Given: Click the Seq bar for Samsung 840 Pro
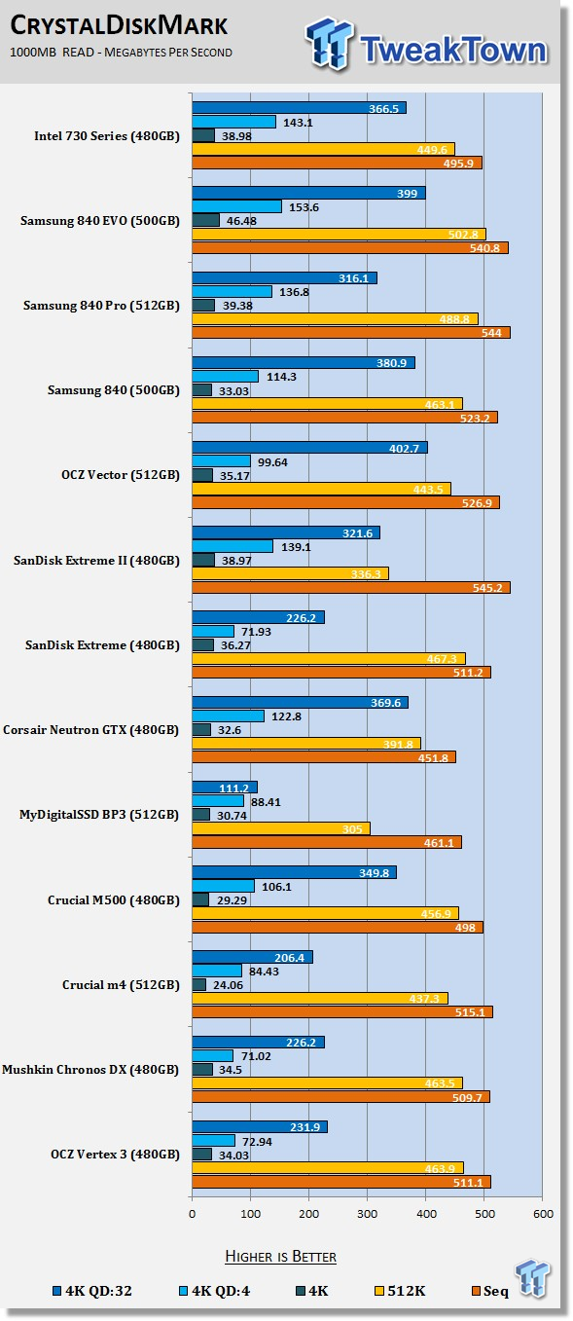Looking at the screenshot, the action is (351, 333).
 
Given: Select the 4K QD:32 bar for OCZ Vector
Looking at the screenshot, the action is (309, 448).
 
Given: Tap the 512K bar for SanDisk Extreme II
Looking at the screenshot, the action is (290, 573).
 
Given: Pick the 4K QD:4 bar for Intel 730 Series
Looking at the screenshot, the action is (234, 122).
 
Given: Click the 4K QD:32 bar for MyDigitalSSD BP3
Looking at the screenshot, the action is (225, 788).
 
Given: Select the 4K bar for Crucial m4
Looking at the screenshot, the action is (198, 985).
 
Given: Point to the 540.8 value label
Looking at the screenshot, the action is (484, 248).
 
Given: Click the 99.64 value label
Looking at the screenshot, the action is (272, 462).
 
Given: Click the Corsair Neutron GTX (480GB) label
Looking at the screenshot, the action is (90, 730).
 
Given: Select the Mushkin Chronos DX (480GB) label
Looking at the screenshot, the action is (90, 1070).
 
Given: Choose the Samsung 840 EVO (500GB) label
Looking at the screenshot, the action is (100, 221).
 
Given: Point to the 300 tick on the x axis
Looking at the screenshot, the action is (368, 1214).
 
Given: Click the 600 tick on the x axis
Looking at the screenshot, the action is (543, 1214).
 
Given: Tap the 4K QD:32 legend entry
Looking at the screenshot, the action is (92, 1291).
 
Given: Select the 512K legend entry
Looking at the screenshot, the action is (400, 1291).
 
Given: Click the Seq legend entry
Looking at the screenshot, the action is (490, 1291).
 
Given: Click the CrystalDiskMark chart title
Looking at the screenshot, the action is (119, 25).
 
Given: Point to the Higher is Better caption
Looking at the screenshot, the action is (280, 1257).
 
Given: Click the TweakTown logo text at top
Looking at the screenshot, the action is (453, 49).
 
